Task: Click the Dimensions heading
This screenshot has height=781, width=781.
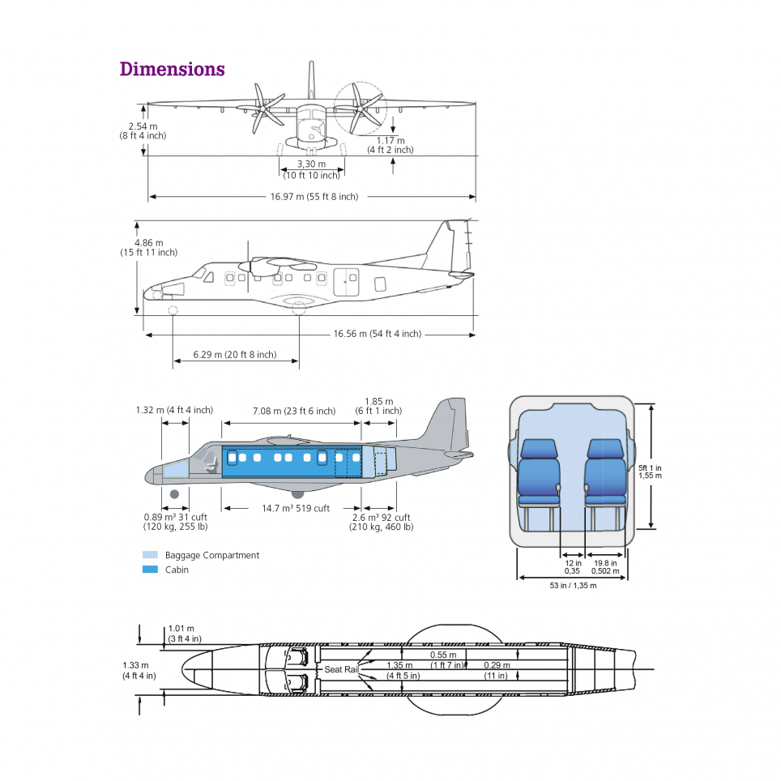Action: click(x=172, y=69)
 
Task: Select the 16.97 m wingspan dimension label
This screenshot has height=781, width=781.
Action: click(x=314, y=196)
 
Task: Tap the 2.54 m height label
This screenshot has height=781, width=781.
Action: click(x=143, y=130)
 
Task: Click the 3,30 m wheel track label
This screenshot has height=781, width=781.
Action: click(x=311, y=169)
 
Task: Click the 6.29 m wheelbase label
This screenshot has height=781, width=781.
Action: click(x=234, y=355)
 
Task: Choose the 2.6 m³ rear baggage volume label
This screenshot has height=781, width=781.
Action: click(x=381, y=522)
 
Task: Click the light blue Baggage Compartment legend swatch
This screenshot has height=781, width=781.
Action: click(x=150, y=555)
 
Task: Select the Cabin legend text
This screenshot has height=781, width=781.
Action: click(x=177, y=570)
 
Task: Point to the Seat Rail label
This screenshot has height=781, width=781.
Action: click(x=340, y=669)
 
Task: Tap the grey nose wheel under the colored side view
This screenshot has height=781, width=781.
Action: click(x=174, y=494)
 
